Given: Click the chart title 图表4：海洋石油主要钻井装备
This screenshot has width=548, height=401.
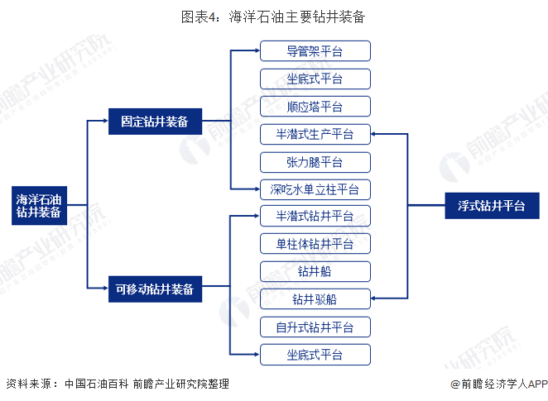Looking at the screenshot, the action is [x=273, y=17].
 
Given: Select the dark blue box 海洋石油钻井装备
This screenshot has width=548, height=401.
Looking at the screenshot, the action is [x=39, y=206].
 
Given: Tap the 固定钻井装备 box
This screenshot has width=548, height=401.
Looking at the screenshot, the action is [x=155, y=122].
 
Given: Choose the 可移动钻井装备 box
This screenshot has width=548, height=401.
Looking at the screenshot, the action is [x=155, y=289].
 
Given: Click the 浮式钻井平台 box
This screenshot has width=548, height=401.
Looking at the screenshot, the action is [x=492, y=206].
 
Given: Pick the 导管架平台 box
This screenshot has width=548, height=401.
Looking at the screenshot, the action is [x=315, y=51].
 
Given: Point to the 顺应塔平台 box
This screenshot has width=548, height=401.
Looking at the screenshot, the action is [x=315, y=107].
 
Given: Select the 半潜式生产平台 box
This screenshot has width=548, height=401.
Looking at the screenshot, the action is [x=315, y=134].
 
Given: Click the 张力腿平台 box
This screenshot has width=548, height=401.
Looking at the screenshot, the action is [x=315, y=162].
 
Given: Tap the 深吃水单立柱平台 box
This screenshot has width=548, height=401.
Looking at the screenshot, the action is [x=315, y=189].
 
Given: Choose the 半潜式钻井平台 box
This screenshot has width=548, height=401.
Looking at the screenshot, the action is [x=315, y=216].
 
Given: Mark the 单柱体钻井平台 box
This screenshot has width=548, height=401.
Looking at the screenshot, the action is [x=315, y=244].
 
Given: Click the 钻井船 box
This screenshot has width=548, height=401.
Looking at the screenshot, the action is [x=315, y=271].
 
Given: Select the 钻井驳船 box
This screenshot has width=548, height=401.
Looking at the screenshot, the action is [x=315, y=298].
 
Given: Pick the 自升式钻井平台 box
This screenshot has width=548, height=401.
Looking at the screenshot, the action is [x=315, y=327].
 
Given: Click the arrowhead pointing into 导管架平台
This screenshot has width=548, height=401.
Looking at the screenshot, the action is [x=257, y=50].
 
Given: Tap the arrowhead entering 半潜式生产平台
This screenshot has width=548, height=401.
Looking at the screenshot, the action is [x=373, y=134].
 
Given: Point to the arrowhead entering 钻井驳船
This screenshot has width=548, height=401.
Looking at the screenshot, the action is [x=373, y=298].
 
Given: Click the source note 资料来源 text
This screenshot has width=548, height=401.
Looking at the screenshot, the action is [x=118, y=384].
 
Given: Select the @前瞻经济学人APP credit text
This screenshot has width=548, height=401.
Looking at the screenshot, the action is [x=499, y=384].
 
